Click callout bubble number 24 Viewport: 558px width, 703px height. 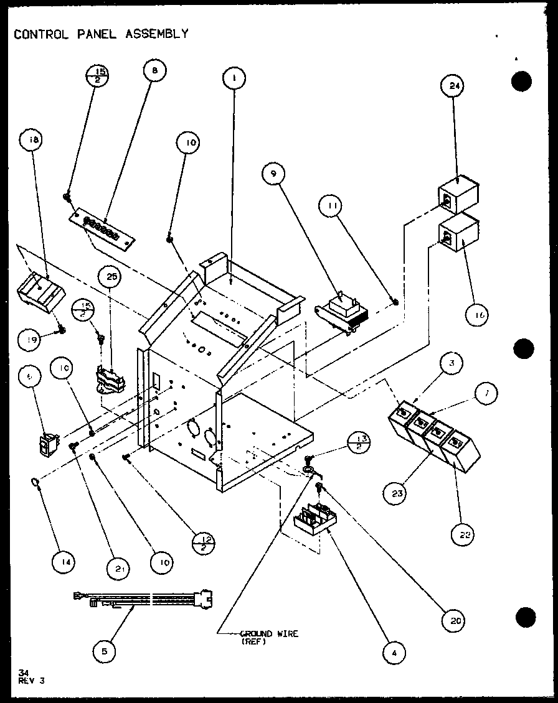click(453, 87)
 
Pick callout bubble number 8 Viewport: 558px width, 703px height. click(154, 70)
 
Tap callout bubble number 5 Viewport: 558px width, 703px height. click(103, 651)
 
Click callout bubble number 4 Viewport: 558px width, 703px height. click(394, 652)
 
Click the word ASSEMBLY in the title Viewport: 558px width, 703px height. click(157, 34)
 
